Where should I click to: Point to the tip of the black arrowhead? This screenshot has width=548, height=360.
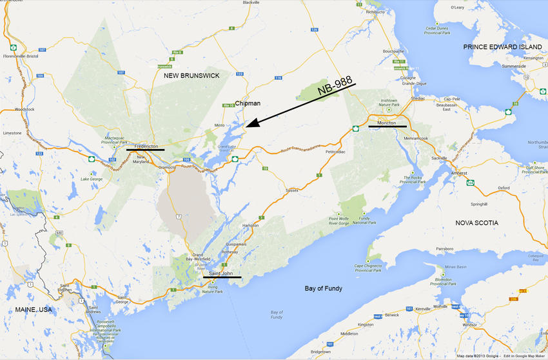245,127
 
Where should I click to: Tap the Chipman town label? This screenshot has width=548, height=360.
248,103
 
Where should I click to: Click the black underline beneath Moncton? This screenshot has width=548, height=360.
387,127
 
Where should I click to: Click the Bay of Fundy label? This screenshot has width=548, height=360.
324,288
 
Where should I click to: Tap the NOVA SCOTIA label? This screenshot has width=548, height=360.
476,223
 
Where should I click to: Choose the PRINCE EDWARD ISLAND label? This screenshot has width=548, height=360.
504,47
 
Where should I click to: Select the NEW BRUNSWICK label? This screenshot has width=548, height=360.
191,75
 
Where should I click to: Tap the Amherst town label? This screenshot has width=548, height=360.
458,174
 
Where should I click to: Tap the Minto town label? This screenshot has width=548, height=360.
221,125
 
